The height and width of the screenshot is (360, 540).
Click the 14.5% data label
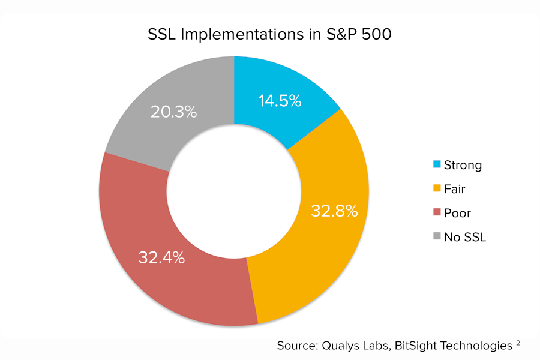point(280,101)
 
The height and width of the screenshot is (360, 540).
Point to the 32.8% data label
point(334,211)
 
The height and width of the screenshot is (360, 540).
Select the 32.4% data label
point(161,258)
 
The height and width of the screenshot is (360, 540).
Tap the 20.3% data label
point(173,112)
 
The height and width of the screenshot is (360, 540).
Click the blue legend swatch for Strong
point(436,164)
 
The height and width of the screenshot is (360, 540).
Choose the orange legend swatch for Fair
point(436,188)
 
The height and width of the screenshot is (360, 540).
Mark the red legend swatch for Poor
point(436,212)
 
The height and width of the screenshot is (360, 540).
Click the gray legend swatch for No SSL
point(436,236)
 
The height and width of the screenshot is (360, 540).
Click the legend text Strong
point(463,165)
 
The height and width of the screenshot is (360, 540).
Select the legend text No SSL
point(465,237)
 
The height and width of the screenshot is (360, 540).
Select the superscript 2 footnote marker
point(517,343)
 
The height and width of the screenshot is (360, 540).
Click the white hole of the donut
point(234,192)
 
